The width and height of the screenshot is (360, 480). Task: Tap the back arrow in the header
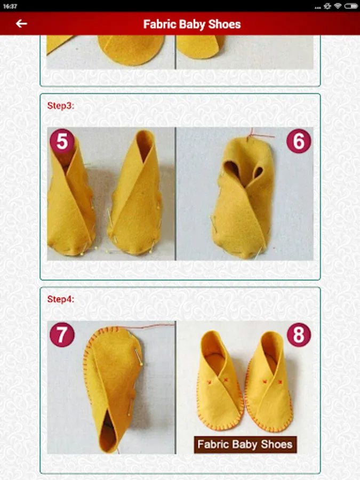click(x=21, y=23)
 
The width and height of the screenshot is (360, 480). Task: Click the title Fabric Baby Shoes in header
click(x=192, y=24)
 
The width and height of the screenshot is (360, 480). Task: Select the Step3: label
click(x=61, y=106)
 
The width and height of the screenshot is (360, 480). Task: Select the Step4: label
click(x=61, y=299)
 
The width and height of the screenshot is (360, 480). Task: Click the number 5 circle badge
click(x=62, y=141)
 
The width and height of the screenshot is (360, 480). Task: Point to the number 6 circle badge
click(x=299, y=141)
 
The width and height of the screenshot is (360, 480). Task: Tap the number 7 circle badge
click(x=62, y=334)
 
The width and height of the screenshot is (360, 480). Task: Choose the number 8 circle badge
click(x=299, y=334)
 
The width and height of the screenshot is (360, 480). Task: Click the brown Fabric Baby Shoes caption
click(x=245, y=444)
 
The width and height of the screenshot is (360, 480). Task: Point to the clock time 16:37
click(x=10, y=6)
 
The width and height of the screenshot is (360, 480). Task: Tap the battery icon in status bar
click(x=350, y=6)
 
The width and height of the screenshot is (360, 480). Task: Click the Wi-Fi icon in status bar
click(x=338, y=6)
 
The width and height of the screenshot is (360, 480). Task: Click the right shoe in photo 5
click(x=135, y=193)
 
